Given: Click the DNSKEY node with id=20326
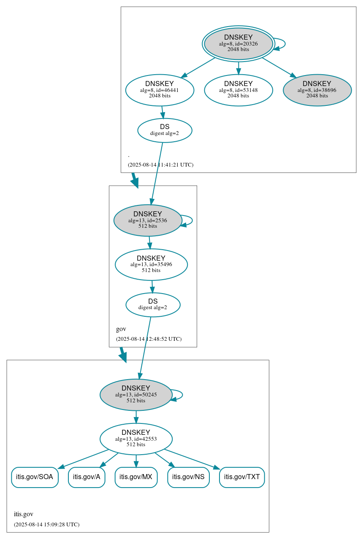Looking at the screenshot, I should pos(238,43).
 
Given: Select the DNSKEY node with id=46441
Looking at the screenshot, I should pos(160,90).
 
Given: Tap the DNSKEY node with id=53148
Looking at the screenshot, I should pos(238,90).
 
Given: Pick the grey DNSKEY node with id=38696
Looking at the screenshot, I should pos(317,90).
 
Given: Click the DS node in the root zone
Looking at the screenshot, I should pos(165,130).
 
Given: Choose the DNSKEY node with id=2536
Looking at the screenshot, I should pos(147,220).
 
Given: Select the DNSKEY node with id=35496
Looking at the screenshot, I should pos(151,264).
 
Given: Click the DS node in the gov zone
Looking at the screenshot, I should pos(153,305).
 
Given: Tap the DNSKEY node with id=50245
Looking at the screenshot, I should pos(136,394).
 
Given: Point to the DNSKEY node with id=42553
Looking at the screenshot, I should pos(136,439).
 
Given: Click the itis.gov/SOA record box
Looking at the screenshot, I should pos(35,477).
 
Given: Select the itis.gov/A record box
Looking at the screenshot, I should pos(87,477).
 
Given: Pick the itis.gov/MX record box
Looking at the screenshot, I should pos(136,477).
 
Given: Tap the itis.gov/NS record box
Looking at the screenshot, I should pos(188,477).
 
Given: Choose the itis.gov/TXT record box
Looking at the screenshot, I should pos(242,477).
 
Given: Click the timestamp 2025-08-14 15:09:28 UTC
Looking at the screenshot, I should pos(46,524).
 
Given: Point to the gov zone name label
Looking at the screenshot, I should pos(121,329).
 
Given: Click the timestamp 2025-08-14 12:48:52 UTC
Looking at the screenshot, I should pos(149,339).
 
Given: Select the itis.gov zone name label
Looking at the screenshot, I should pos(24,514).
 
